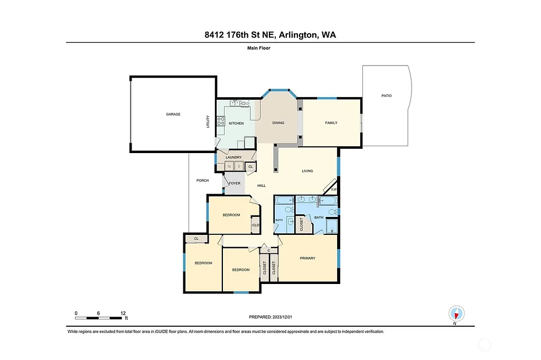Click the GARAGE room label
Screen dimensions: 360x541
point(173,114)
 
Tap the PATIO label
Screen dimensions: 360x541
point(387,96)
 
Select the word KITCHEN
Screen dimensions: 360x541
point(236,123)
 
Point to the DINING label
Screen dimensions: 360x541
point(278,123)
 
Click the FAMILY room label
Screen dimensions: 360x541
point(331,123)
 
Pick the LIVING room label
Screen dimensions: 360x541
point(307,171)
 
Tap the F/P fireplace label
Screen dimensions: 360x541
point(334,190)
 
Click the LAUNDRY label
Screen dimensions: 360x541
point(234,157)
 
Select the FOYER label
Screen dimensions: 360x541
point(235,183)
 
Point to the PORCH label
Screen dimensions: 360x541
point(202,181)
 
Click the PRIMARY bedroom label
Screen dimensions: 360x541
point(307,258)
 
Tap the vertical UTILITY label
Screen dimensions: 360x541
point(208,122)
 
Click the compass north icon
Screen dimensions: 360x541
point(455,313)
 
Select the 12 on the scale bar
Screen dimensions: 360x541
point(123,313)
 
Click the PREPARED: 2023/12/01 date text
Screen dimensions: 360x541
point(270,317)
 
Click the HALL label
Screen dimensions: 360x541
point(261,186)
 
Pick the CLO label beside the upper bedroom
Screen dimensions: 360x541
point(255,225)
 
